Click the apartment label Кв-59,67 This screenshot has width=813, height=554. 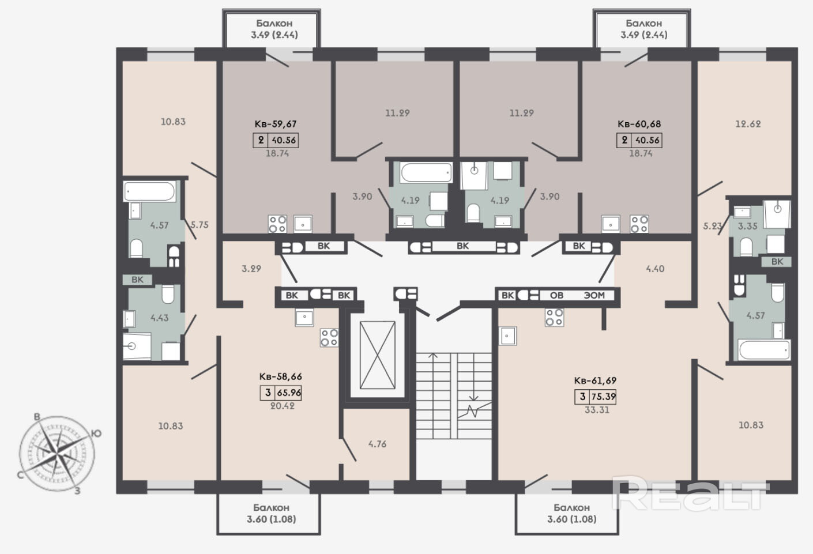276,124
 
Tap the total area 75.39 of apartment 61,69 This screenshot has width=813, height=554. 604,397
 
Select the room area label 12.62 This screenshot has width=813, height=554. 748,124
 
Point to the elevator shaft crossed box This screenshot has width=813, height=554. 378,355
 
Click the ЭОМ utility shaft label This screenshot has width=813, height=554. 594,295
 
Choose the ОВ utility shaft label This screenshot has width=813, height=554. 556,295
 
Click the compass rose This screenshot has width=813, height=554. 57,453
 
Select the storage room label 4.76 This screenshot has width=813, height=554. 378,444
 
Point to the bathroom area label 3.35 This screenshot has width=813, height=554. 748,227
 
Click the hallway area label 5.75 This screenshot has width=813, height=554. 200,225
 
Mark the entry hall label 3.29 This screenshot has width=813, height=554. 251,269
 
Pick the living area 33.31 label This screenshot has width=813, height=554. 597,410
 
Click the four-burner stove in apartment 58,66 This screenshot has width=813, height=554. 329,338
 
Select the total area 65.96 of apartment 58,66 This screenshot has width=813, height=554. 289,393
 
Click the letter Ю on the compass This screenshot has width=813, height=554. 96,434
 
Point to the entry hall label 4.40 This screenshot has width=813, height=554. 655,269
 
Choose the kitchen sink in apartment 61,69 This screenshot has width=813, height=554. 507,336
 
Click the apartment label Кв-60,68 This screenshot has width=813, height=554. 639,124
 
